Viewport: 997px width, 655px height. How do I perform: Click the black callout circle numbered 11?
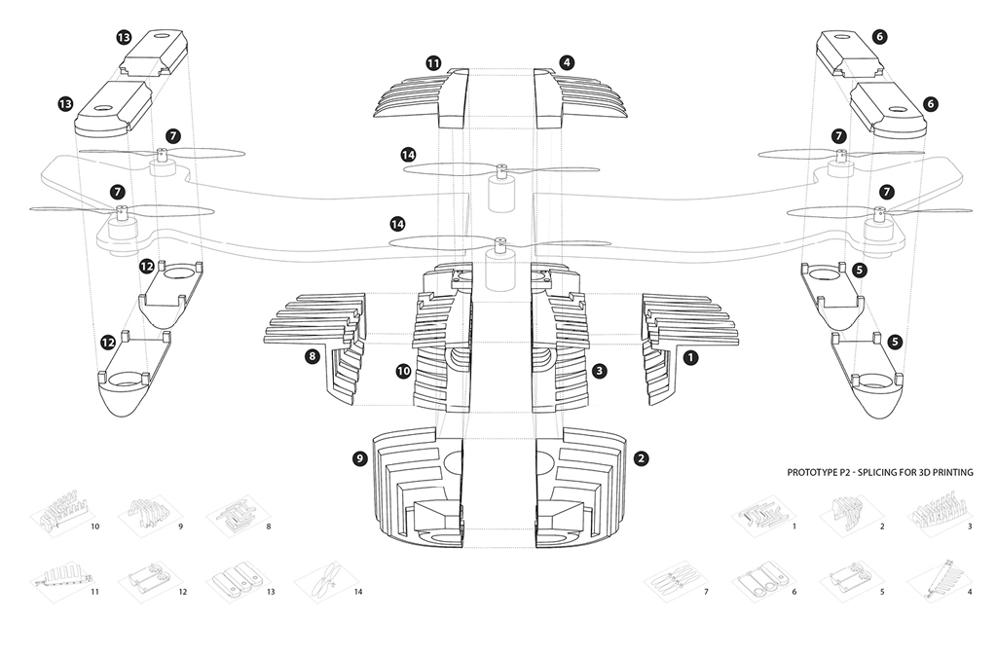coord(433,63)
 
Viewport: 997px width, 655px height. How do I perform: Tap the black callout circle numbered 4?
coord(567,62)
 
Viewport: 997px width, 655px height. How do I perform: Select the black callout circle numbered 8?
coord(312,356)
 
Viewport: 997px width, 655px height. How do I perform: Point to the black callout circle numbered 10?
coord(404,371)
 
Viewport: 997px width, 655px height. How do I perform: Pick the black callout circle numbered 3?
coord(599,371)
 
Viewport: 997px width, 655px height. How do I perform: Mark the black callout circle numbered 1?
coord(690,358)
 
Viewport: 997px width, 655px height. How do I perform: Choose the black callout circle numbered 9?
coord(360,458)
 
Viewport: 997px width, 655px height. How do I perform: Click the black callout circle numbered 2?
coord(641,458)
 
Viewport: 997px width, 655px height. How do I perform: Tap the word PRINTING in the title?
coord(952,473)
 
